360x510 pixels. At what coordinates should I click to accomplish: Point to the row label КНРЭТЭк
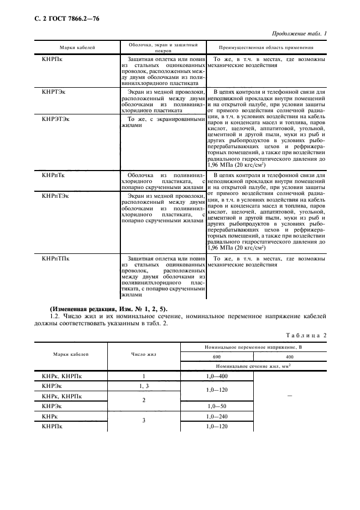coord(56,118)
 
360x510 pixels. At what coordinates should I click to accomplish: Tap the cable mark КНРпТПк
coord(56,258)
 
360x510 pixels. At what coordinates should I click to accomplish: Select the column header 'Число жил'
coord(144,354)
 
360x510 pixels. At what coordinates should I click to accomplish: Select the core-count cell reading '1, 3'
coord(144,386)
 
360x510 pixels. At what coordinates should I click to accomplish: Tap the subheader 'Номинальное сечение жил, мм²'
coord(253,367)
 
